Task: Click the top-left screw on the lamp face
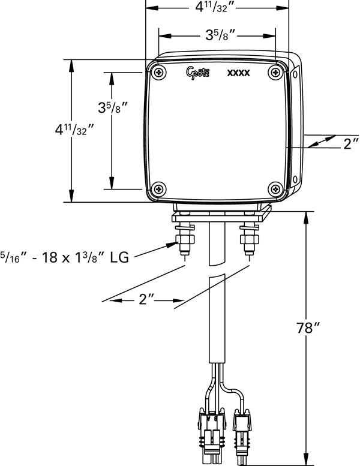coord(158,73)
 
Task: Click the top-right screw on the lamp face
coord(275,72)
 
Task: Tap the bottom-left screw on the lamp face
coord(158,188)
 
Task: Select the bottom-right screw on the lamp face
coord(275,188)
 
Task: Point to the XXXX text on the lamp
coord(238,74)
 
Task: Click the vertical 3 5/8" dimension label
coord(111,109)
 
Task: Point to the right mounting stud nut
coord(248,239)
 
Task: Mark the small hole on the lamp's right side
coord(296,74)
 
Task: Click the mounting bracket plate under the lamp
coord(220,213)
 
